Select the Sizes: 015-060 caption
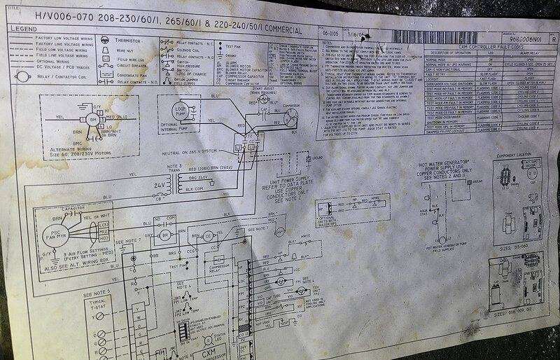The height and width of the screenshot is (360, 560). [517, 248]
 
